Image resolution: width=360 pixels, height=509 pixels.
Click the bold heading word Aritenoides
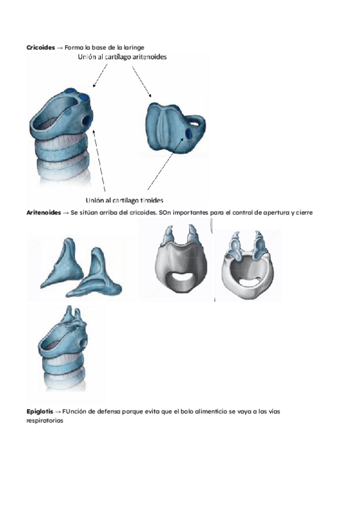click(x=43, y=212)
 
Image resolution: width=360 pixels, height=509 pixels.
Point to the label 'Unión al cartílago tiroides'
click(x=125, y=200)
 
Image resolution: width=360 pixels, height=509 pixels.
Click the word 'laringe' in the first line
click(x=134, y=47)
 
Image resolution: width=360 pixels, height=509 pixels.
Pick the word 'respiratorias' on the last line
click(x=45, y=421)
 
